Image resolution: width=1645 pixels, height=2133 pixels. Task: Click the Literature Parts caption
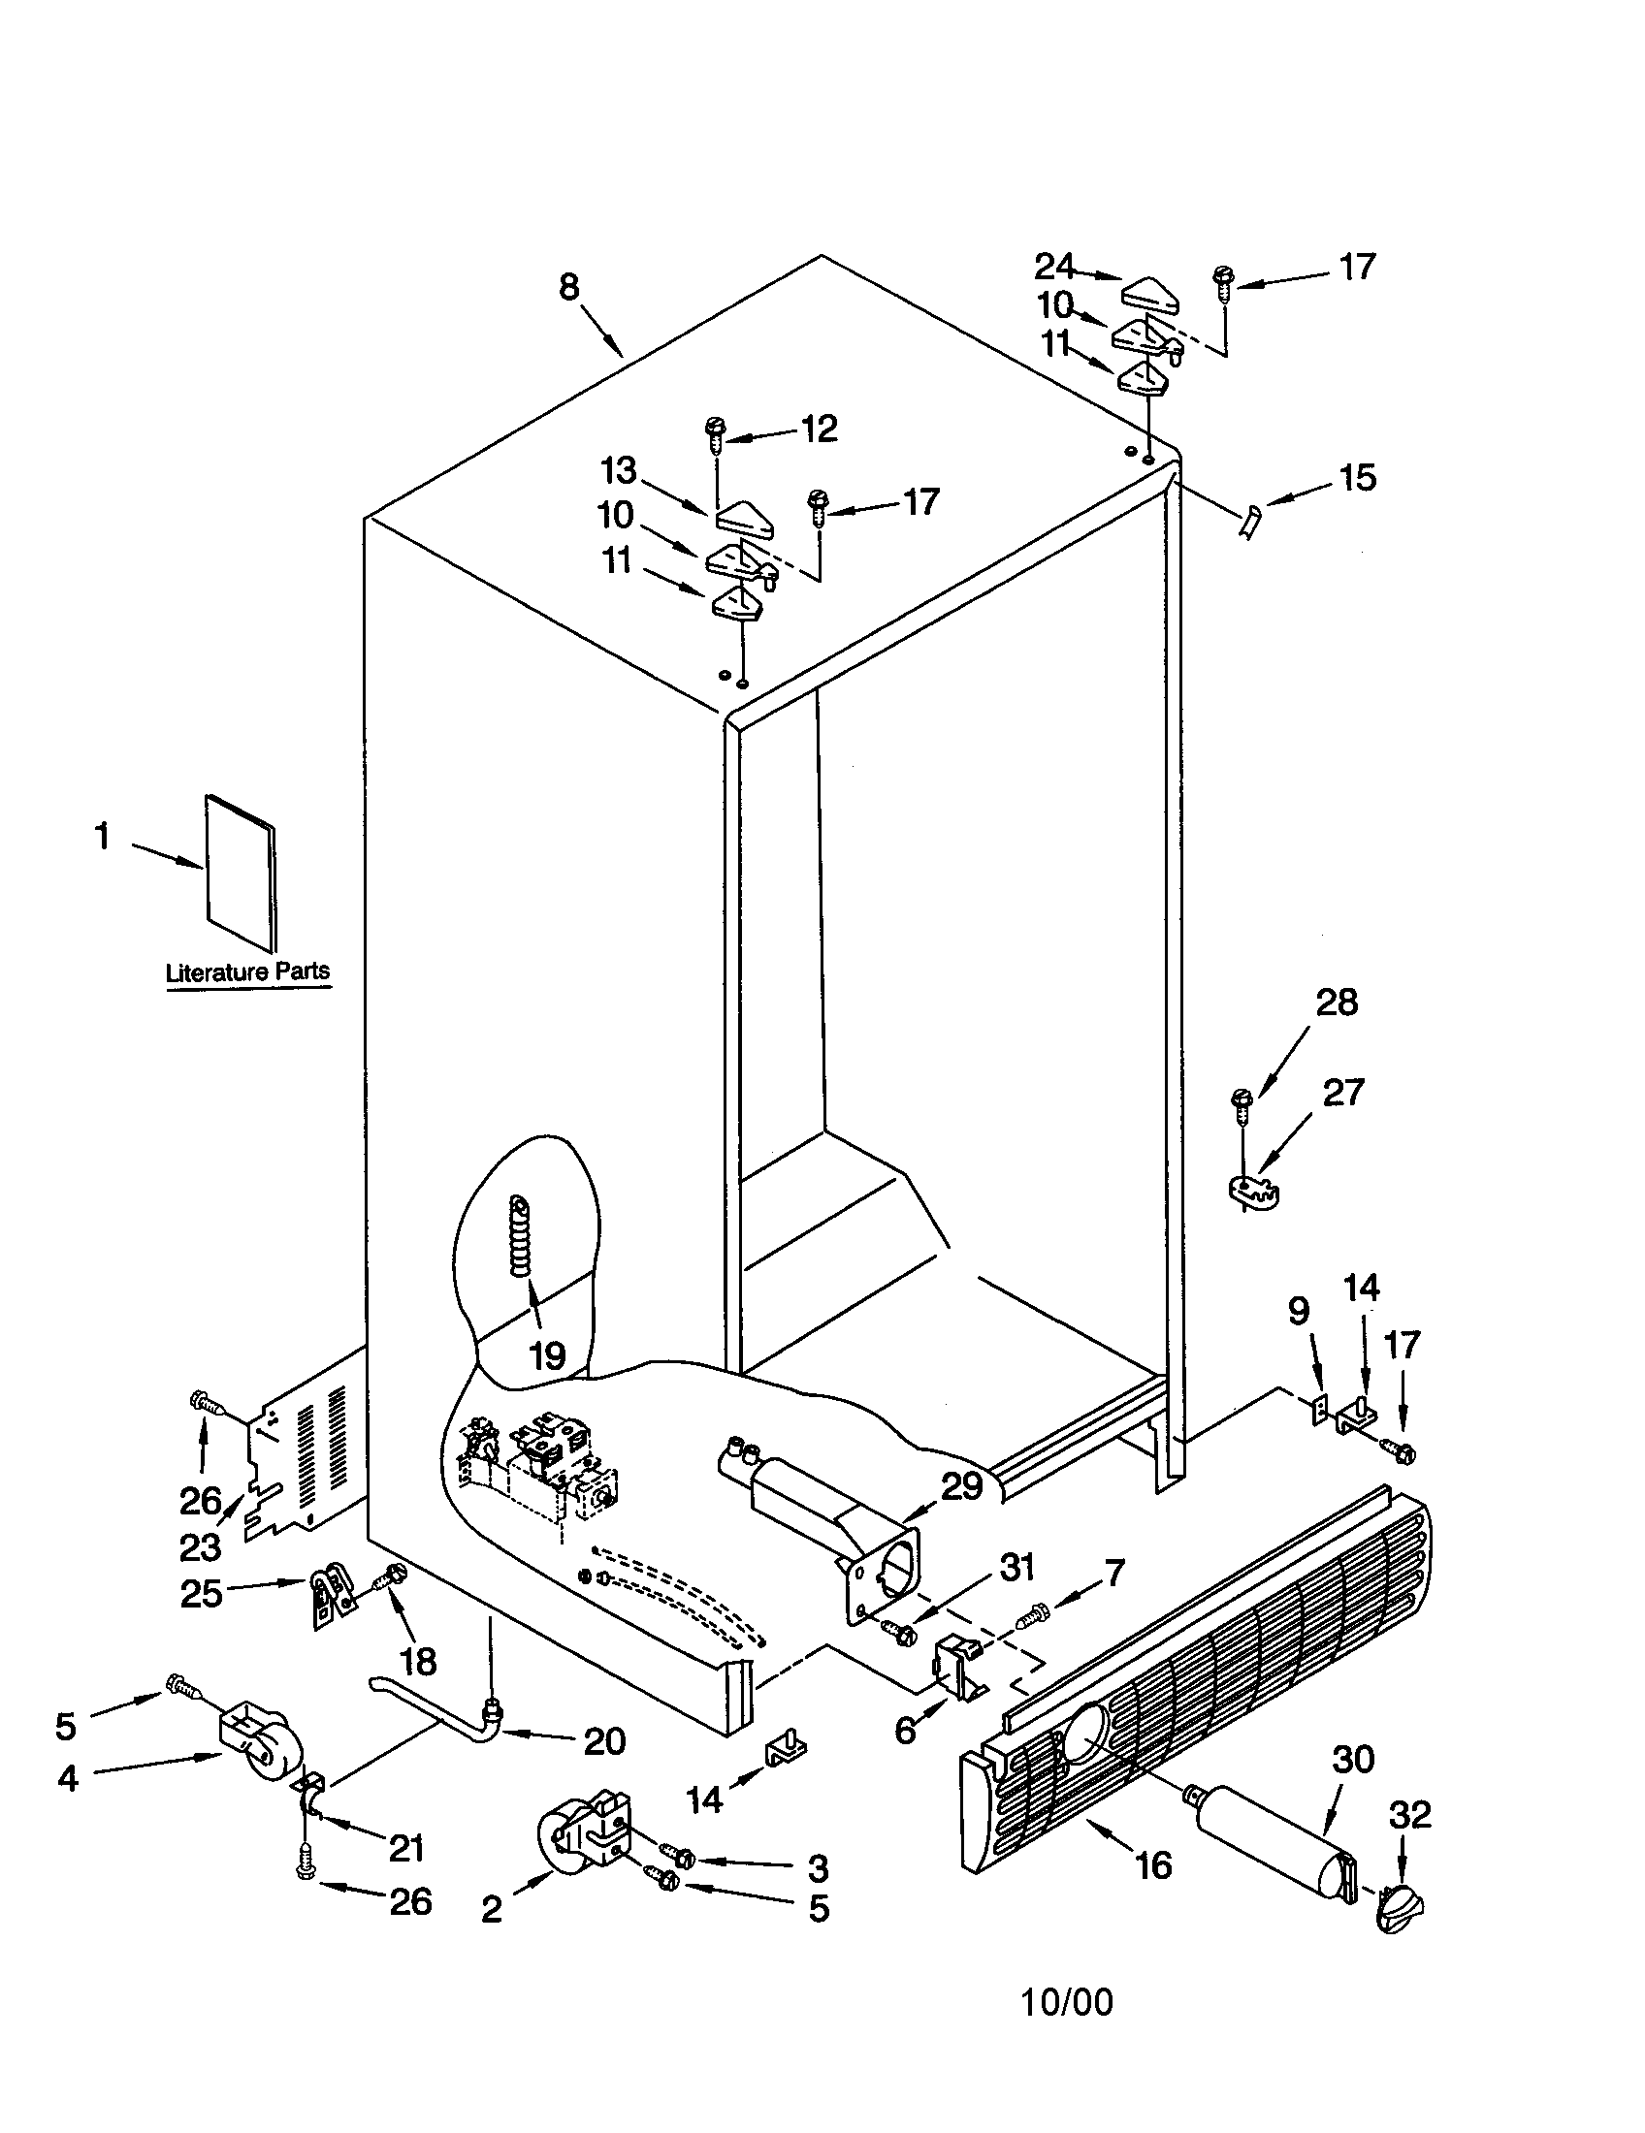pos(247,971)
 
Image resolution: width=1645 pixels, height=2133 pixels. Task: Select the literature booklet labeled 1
pos(241,873)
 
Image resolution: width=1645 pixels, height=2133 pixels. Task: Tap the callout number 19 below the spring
pos(547,1355)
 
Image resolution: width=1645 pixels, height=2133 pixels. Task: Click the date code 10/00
pos(1067,2002)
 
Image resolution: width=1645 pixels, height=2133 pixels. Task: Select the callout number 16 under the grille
pos(1153,1865)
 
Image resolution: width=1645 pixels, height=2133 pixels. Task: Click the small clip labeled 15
pos(1251,523)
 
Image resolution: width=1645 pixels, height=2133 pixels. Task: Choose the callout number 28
pos(1337,1003)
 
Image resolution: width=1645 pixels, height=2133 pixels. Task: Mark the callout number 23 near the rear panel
pos(200,1548)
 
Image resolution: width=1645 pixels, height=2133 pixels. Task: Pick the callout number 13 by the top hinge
pos(619,471)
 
